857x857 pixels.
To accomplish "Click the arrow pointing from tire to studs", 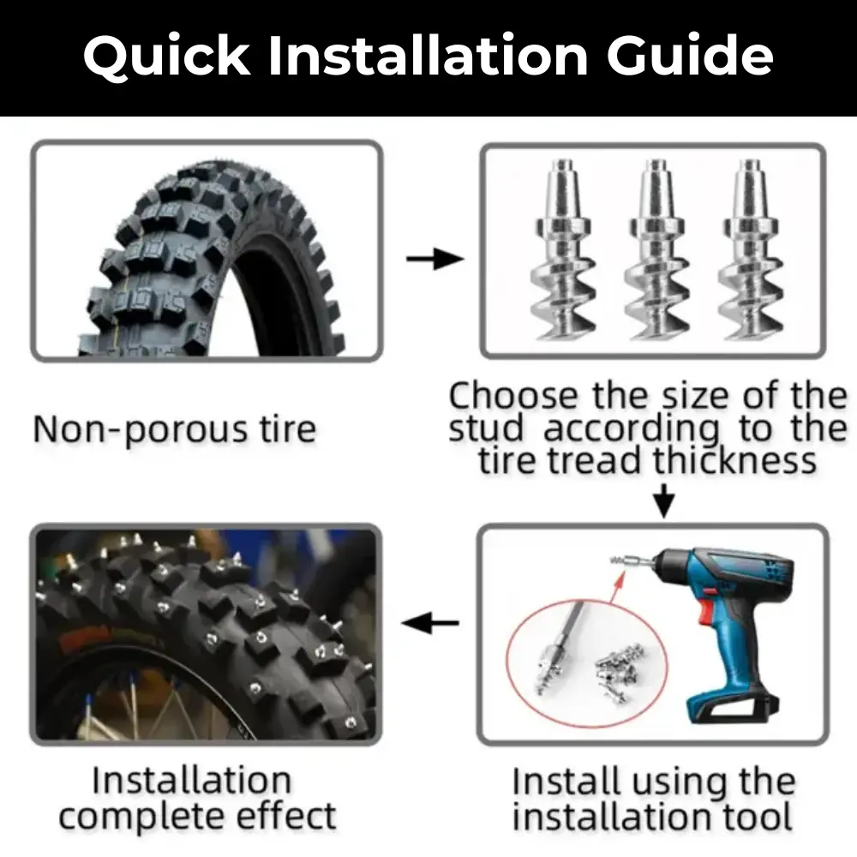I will click(x=434, y=258).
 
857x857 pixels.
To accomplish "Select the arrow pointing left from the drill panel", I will click(x=429, y=623).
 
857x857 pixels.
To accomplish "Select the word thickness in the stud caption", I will click(x=734, y=460).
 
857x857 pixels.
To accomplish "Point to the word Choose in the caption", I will click(x=514, y=395).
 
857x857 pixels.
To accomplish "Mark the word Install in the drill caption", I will click(x=566, y=782).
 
